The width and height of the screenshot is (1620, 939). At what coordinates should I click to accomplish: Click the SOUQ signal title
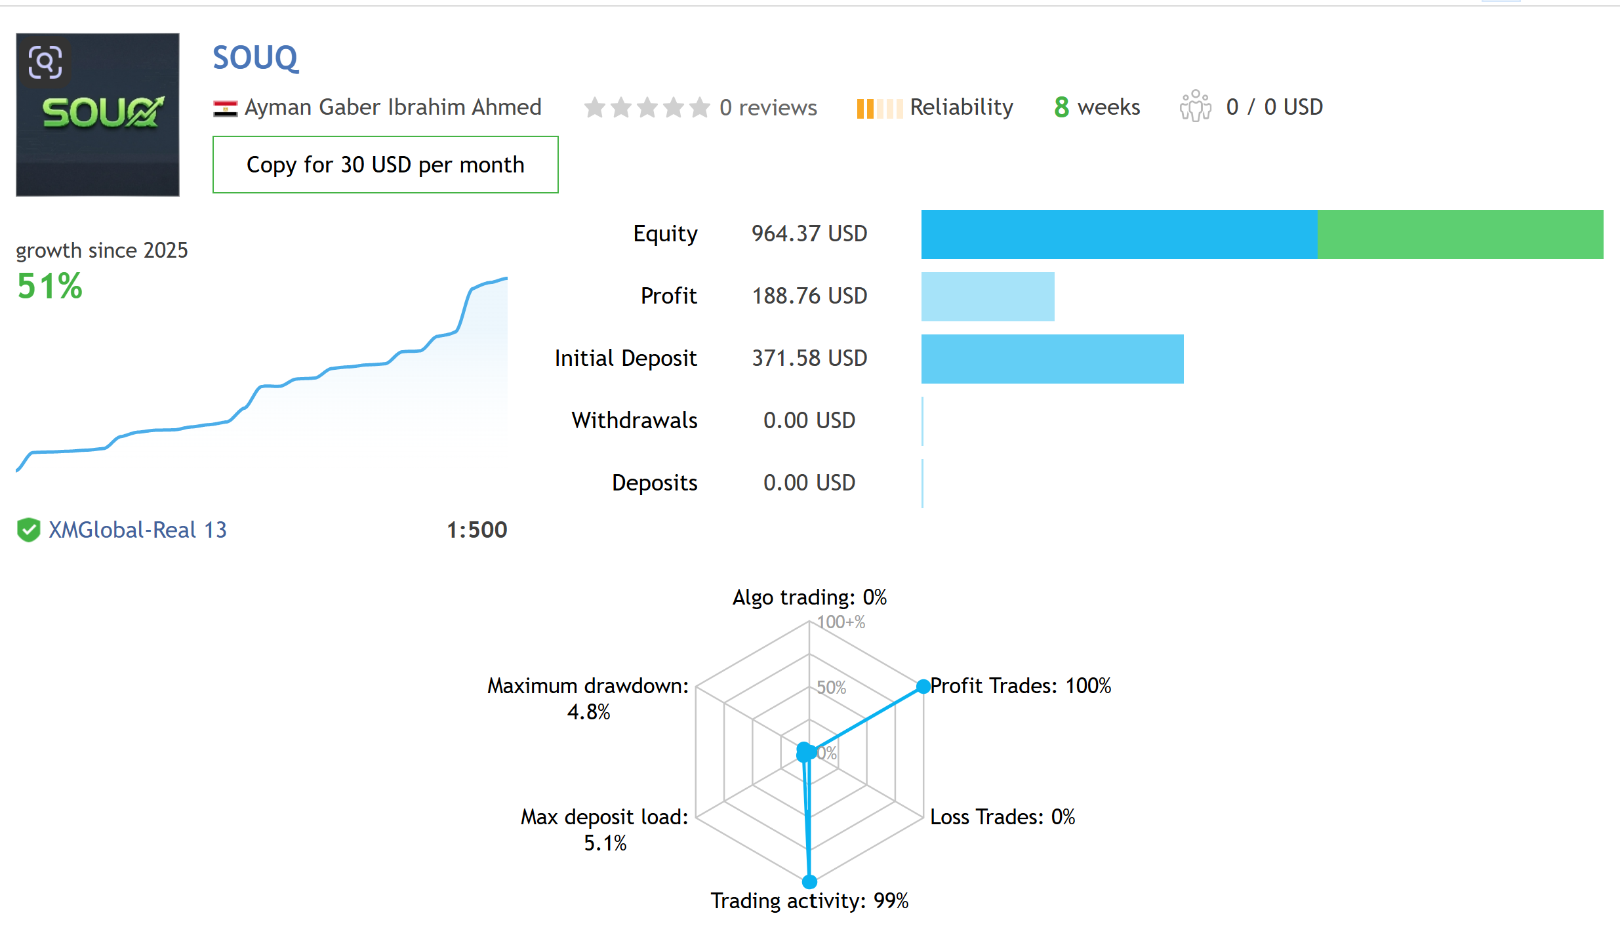pyautogui.click(x=255, y=58)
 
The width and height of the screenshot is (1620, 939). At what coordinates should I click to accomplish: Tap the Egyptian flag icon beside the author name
pyautogui.click(x=225, y=108)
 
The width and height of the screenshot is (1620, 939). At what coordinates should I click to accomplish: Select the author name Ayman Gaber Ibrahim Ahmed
pyautogui.click(x=393, y=108)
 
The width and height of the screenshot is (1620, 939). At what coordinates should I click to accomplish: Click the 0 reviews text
pyautogui.click(x=768, y=108)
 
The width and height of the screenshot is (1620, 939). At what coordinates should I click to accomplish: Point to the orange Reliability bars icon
pyautogui.click(x=879, y=108)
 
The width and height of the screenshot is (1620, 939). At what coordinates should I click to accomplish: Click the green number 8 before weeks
pyautogui.click(x=1061, y=108)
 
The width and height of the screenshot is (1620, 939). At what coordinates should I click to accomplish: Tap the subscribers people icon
pyautogui.click(x=1195, y=106)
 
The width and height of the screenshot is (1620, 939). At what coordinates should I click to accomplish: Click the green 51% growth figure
pyautogui.click(x=50, y=287)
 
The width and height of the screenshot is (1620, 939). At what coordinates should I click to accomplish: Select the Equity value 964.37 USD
pyautogui.click(x=809, y=234)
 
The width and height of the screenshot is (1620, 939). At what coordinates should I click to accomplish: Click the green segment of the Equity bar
pyautogui.click(x=1460, y=234)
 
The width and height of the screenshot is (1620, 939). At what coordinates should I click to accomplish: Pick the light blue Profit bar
pyautogui.click(x=988, y=296)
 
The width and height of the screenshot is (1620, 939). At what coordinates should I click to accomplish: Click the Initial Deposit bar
pyautogui.click(x=1052, y=359)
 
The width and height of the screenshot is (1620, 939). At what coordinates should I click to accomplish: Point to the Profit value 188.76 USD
pyautogui.click(x=809, y=296)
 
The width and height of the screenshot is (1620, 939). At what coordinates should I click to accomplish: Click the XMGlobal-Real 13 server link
pyautogui.click(x=138, y=530)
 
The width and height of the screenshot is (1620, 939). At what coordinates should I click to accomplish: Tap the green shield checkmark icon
pyautogui.click(x=29, y=530)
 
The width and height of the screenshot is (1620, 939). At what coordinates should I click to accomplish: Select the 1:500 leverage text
pyautogui.click(x=477, y=530)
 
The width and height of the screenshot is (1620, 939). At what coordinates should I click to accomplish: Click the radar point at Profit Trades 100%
pyautogui.click(x=923, y=687)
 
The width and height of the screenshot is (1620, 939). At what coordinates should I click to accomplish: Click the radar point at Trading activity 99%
pyautogui.click(x=810, y=882)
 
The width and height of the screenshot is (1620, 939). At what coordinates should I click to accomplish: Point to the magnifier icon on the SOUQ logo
pyautogui.click(x=45, y=62)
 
